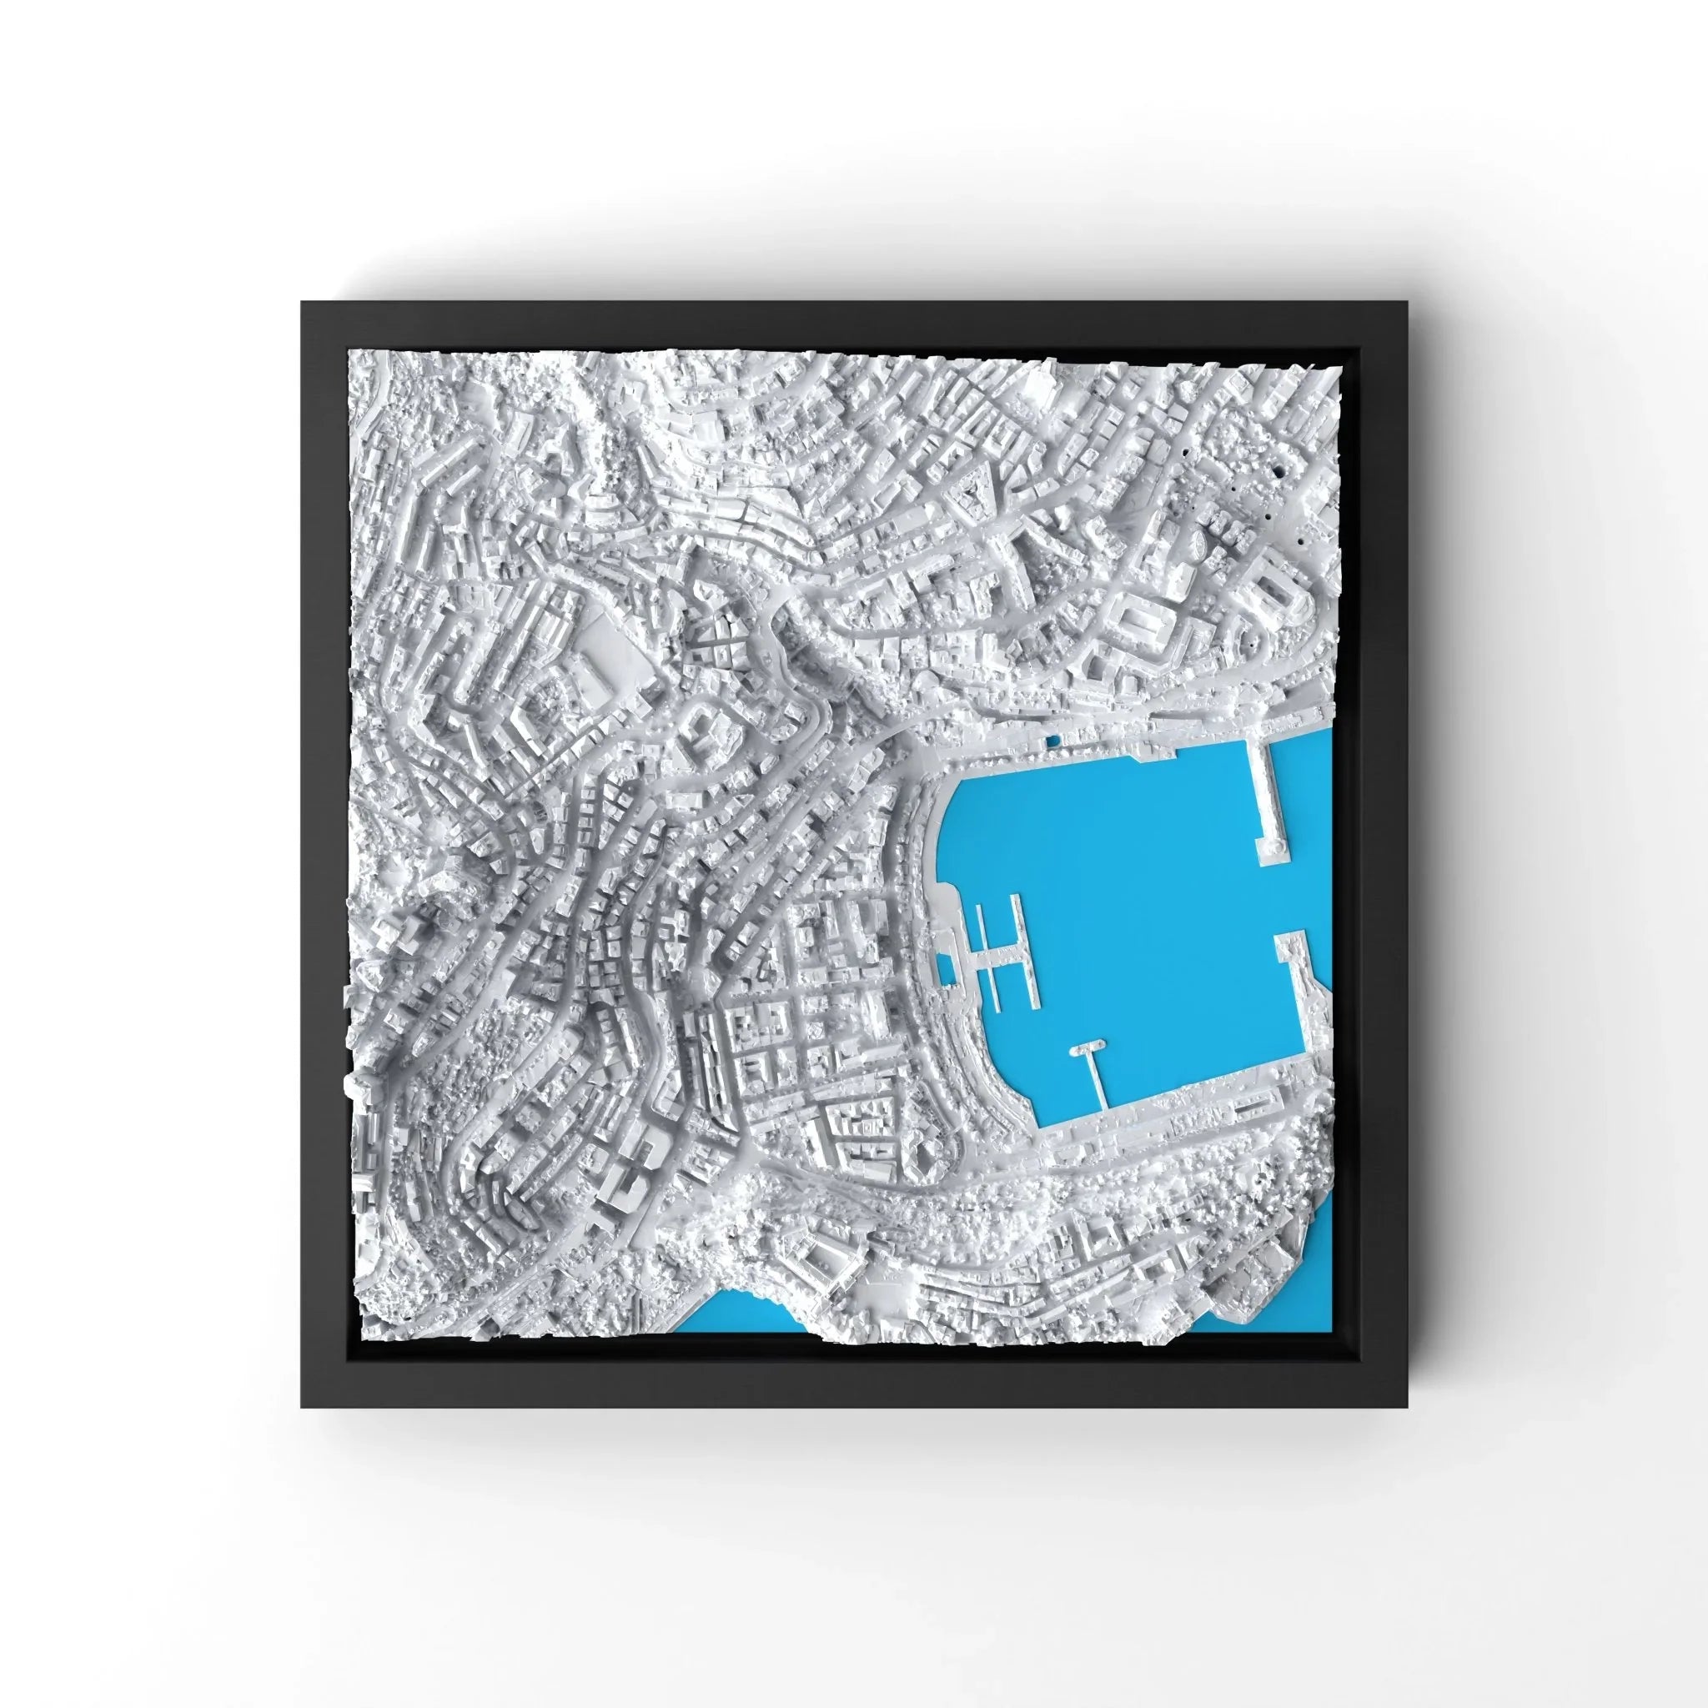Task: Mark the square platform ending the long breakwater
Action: [x=1273, y=851]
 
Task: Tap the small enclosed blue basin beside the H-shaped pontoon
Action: [x=945, y=971]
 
